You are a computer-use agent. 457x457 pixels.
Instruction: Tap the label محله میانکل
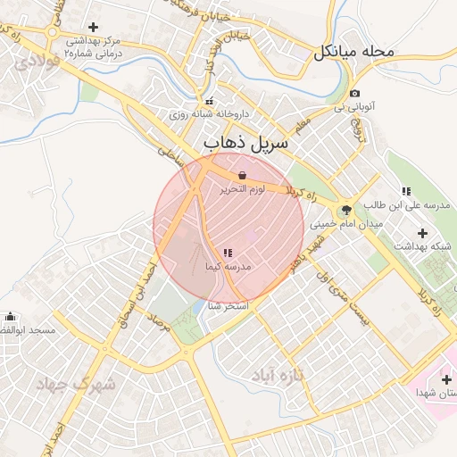point(353,52)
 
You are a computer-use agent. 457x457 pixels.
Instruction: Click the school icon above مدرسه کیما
point(227,253)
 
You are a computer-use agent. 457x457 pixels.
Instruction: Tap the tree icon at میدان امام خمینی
point(347,210)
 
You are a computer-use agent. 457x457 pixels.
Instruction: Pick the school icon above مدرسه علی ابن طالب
point(406,191)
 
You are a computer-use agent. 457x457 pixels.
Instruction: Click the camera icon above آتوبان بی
point(354,94)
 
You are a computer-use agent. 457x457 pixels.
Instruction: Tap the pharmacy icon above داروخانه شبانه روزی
point(210,101)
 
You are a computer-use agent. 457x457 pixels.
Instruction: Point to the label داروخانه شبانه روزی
point(209,115)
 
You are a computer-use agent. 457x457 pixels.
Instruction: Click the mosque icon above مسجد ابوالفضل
point(10,316)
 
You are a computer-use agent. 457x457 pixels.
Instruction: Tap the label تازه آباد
point(278,372)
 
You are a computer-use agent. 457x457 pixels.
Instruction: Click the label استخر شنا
point(228,305)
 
